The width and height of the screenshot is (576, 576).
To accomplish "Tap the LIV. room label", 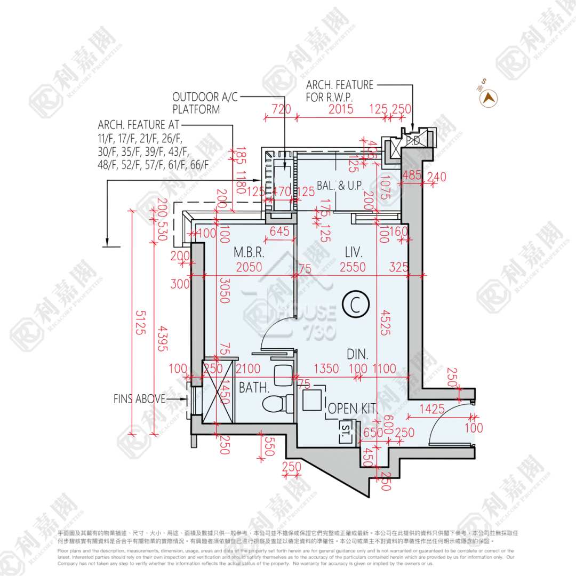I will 354,251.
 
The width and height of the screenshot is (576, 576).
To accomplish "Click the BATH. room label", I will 253,388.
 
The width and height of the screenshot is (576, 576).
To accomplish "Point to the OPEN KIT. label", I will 353,409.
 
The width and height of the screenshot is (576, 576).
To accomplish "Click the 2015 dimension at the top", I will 340,109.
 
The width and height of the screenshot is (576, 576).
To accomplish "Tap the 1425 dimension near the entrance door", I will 431,410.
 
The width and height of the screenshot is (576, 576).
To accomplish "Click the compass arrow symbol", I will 488,98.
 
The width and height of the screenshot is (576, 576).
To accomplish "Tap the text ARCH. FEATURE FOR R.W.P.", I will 340,91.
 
